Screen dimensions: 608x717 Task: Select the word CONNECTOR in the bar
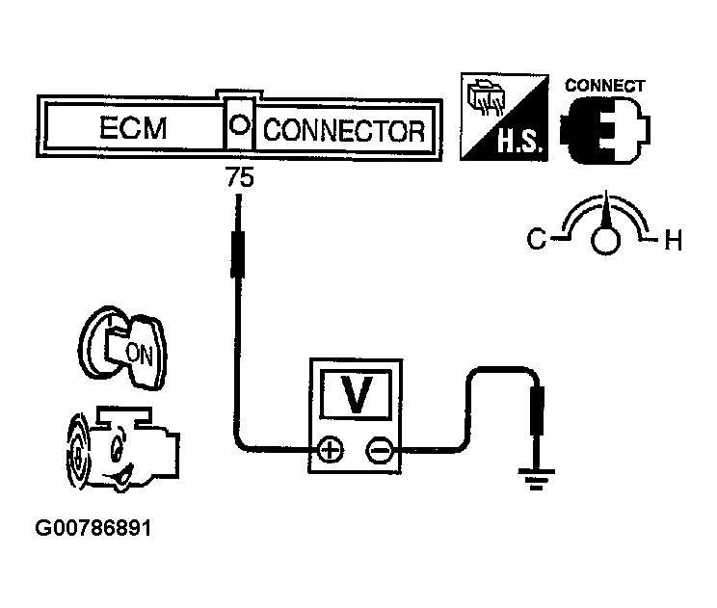click(x=343, y=130)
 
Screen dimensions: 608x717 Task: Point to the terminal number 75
click(x=238, y=178)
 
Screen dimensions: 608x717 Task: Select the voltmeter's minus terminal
click(x=380, y=449)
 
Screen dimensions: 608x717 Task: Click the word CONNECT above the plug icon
click(x=603, y=85)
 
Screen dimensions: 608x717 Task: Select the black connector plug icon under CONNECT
click(x=604, y=128)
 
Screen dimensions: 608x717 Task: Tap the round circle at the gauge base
click(x=605, y=240)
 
